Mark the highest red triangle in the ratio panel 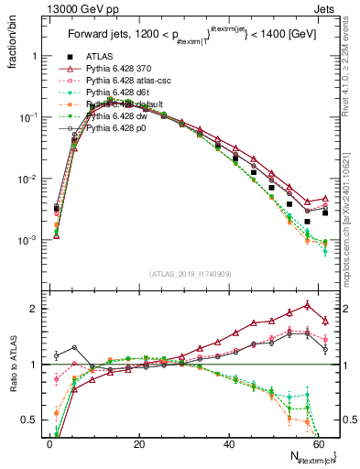tap(307, 305)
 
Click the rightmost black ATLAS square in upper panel tap(325, 213)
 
